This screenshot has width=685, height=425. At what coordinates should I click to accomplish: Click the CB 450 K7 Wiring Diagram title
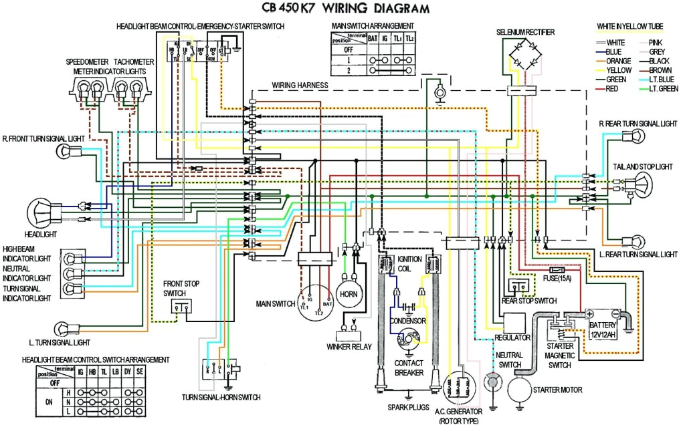341,8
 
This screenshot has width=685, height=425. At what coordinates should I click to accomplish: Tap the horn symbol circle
349,293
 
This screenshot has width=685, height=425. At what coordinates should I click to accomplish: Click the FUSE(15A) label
561,277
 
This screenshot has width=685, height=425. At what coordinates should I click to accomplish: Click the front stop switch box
181,307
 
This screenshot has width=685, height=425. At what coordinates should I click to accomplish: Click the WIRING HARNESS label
300,86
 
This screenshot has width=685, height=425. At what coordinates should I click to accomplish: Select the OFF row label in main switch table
346,49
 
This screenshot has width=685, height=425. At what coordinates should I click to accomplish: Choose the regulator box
512,321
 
